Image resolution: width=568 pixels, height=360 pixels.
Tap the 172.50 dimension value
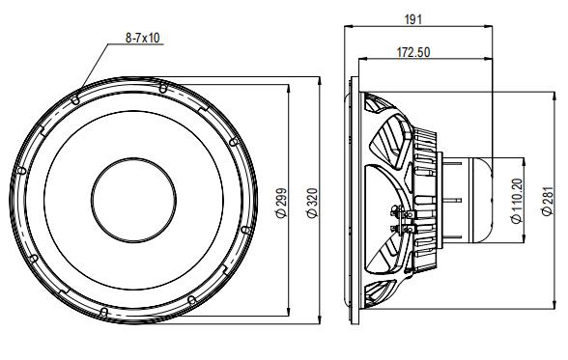412,52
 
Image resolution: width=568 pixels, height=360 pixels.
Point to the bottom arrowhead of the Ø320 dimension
319,320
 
